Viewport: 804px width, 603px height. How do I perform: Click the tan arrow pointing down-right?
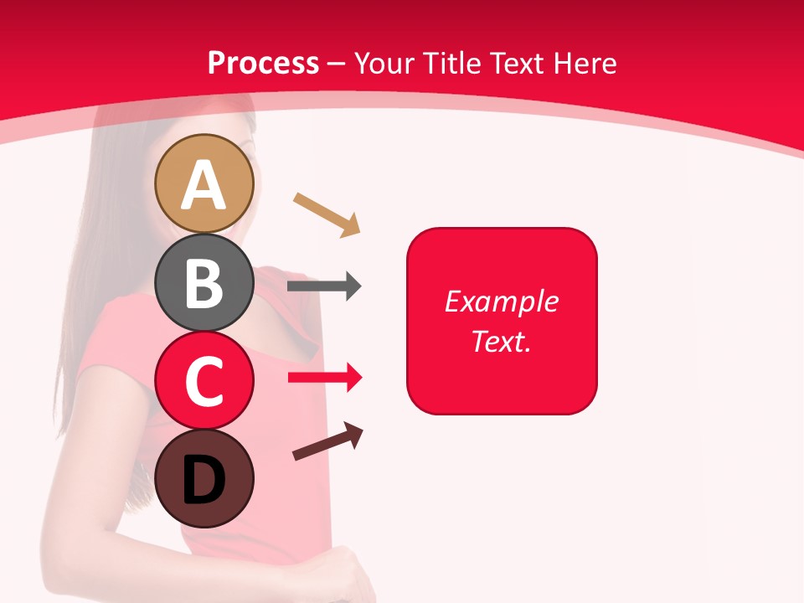(327, 214)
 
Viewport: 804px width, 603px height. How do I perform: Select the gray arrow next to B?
(324, 286)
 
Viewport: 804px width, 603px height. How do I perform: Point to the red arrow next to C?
(324, 378)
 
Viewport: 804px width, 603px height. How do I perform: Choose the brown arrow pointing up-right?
(327, 441)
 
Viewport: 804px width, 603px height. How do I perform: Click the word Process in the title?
(263, 63)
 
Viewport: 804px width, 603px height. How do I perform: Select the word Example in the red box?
(502, 301)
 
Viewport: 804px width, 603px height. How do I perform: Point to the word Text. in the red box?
(502, 341)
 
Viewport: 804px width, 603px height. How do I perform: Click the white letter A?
(204, 186)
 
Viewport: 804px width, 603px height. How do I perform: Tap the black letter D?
(204, 482)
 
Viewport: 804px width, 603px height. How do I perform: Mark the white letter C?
(204, 381)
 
